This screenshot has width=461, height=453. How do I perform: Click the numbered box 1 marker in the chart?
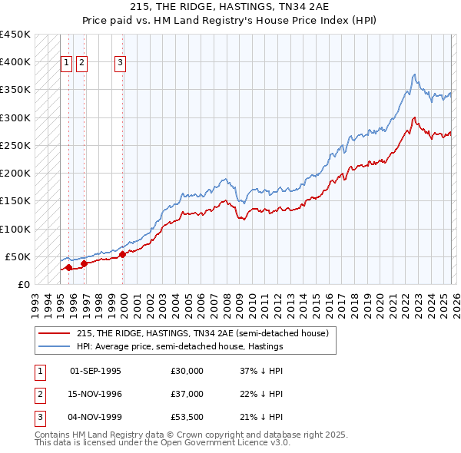67,64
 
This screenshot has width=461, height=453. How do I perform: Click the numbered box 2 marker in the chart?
81,64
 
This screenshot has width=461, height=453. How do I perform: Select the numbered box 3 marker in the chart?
121,64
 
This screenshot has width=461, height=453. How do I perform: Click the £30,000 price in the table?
187,371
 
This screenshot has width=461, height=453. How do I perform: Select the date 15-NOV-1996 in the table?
95,394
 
